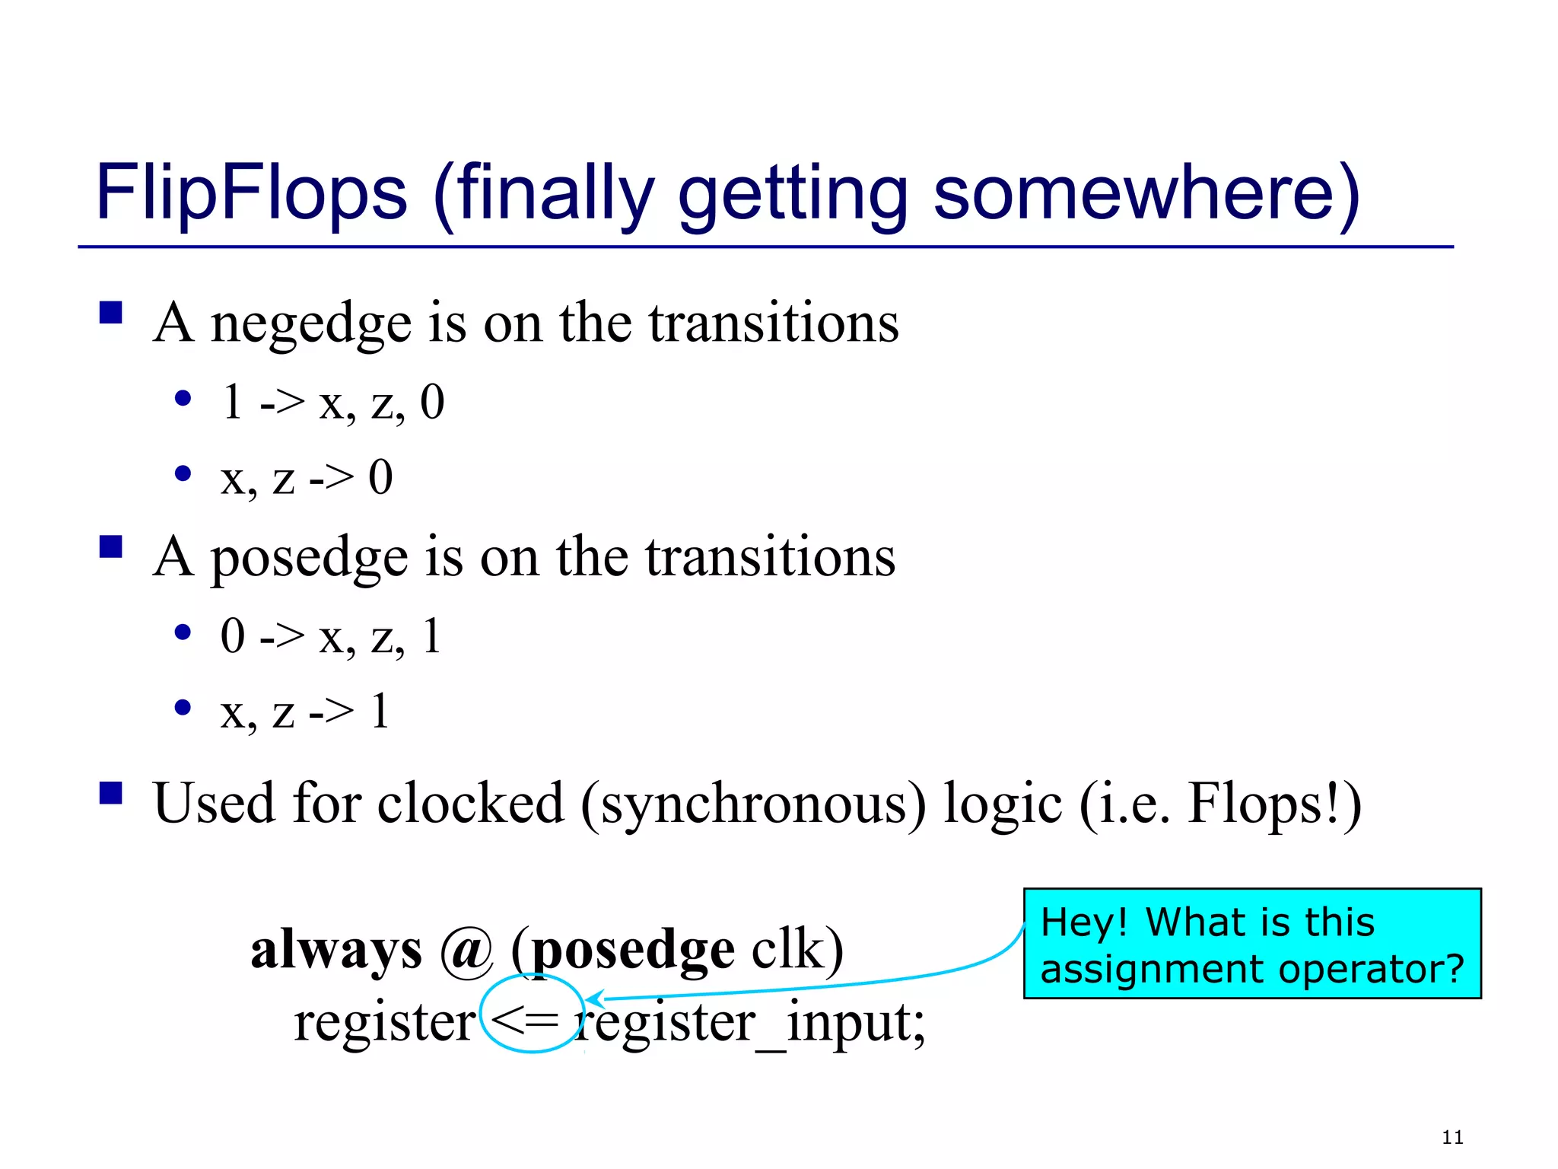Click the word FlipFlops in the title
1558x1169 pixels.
pyautogui.click(x=251, y=194)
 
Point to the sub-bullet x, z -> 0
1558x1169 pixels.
pyautogui.click(x=307, y=478)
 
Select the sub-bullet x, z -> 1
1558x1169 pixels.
pyautogui.click(x=305, y=712)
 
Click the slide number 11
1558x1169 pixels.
pyautogui.click(x=1452, y=1138)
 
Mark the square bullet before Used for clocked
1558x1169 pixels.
pyautogui.click(x=111, y=793)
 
